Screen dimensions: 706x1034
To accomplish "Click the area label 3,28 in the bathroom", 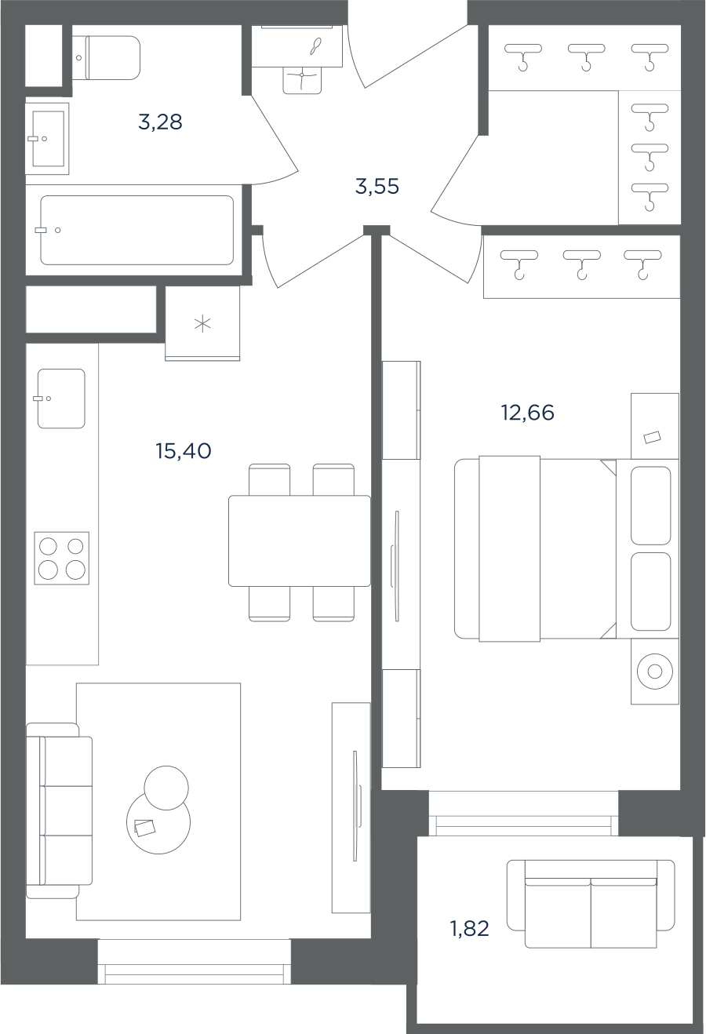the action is click(x=160, y=123).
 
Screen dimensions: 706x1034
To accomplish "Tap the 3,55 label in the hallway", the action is click(x=377, y=187).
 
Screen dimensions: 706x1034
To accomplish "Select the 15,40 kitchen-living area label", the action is click(x=184, y=451).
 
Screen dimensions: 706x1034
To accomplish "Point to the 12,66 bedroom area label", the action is click(x=527, y=412).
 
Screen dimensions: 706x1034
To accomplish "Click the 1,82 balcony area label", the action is click(x=469, y=928).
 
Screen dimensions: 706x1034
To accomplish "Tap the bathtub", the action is click(x=136, y=231).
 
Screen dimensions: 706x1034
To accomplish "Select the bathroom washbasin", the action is click(x=48, y=139).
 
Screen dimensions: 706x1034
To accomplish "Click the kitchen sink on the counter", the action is click(x=61, y=399).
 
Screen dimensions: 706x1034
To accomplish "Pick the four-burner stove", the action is click(x=62, y=559).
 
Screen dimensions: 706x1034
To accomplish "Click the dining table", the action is click(x=300, y=541).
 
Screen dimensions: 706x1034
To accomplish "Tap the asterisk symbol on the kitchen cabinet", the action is click(x=202, y=324).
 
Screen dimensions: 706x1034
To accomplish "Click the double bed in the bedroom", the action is click(x=536, y=549).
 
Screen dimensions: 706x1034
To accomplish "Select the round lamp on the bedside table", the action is click(x=654, y=672).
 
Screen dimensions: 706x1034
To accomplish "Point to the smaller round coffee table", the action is click(x=166, y=788).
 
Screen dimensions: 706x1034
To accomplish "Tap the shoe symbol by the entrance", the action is click(x=316, y=46).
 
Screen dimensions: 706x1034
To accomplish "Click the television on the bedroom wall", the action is click(x=395, y=566).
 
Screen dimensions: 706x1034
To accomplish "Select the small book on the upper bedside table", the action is click(x=652, y=437).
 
